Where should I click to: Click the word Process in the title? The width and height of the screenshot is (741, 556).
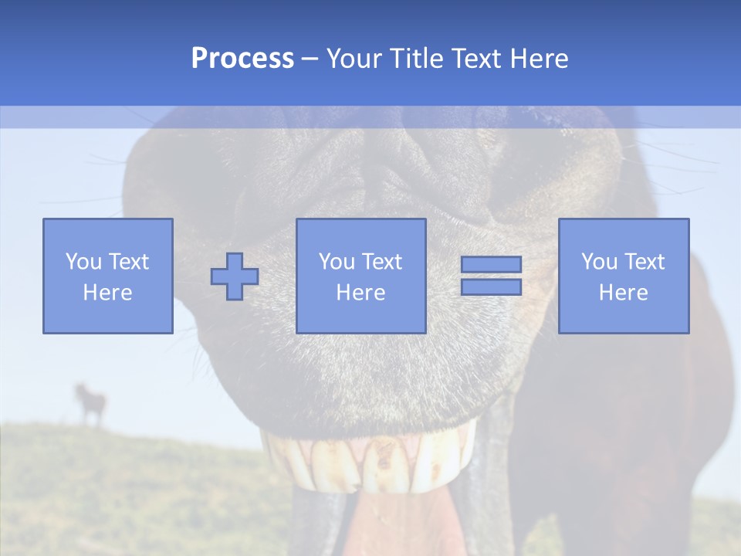pos(242,59)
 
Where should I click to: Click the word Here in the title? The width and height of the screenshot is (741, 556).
pos(540,59)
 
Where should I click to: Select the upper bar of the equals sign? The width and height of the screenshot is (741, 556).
pos(491,264)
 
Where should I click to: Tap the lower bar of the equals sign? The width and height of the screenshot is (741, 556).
pos(491,287)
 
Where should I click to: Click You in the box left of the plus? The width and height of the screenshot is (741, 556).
pos(83,262)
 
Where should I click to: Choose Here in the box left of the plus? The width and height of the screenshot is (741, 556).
pos(107,293)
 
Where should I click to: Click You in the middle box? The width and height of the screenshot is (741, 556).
pos(337,262)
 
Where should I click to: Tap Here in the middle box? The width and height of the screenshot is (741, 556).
pos(360,293)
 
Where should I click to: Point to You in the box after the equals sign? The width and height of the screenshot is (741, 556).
pos(598,262)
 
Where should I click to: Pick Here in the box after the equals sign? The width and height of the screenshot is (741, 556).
pos(623,293)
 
